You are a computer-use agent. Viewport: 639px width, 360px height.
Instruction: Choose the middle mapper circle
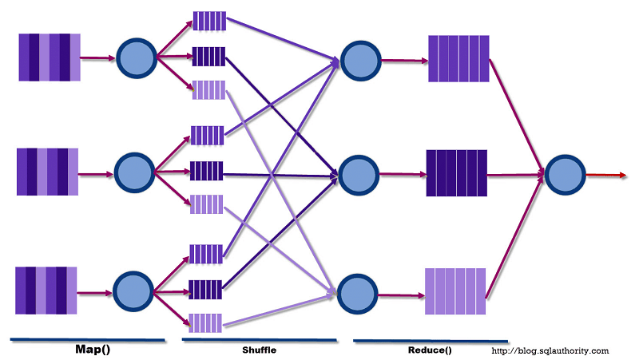(x=134, y=171)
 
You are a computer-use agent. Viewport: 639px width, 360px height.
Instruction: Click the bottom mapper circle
(x=133, y=290)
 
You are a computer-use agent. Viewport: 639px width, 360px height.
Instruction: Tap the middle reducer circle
(x=358, y=172)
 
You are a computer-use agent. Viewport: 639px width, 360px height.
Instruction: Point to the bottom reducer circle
(x=358, y=292)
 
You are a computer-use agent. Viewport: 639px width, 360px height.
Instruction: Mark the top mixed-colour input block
(x=50, y=57)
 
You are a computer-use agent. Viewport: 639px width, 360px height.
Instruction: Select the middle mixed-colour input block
(x=48, y=172)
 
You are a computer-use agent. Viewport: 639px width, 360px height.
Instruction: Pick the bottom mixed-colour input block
(x=46, y=291)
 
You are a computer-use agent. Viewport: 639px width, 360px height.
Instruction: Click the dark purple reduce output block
(x=457, y=172)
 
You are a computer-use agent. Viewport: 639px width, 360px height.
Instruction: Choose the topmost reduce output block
(x=458, y=58)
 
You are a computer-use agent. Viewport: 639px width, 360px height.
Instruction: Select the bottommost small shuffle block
(x=206, y=322)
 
